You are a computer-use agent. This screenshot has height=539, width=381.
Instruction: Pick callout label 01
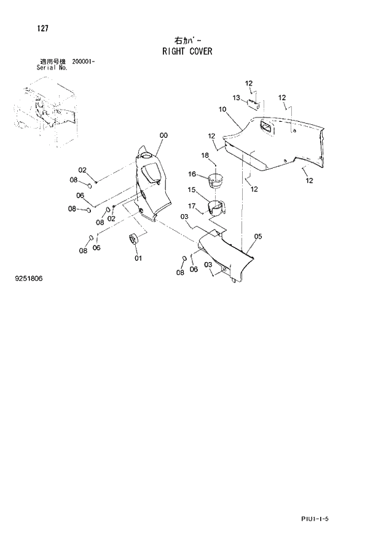tap(138, 258)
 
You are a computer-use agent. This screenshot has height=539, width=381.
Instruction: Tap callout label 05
tap(257, 236)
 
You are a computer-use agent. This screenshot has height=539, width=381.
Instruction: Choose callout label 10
tap(222, 109)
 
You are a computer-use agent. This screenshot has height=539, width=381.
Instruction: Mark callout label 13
tap(237, 97)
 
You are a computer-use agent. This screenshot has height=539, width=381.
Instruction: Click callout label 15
tap(192, 190)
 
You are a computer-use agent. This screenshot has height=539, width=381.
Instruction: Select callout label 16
tap(192, 174)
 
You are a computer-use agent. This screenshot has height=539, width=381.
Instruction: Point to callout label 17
tap(192, 206)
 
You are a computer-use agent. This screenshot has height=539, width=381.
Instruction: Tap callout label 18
tap(205, 155)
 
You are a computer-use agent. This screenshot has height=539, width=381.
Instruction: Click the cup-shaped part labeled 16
tap(216, 182)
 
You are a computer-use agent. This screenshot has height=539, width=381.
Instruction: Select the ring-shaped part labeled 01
tap(133, 238)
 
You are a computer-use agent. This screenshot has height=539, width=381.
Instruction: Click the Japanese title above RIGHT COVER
tap(187, 41)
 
